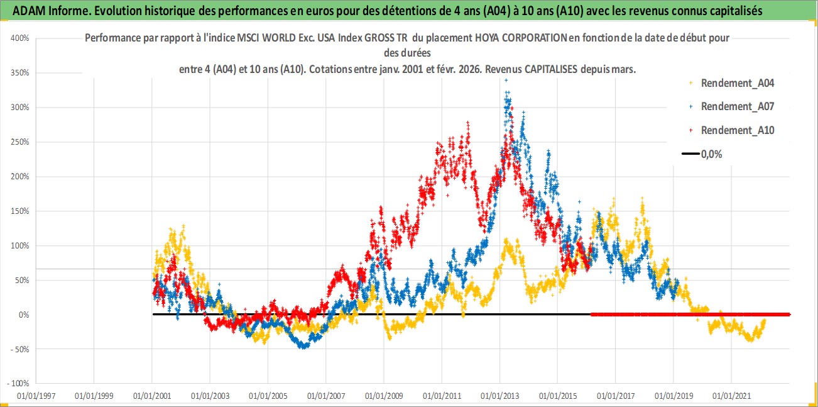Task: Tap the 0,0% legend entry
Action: pos(711,153)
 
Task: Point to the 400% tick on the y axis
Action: pos(21,38)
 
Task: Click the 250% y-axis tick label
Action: pos(21,142)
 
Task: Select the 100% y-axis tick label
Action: pos(21,245)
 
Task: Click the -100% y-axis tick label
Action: pos(19,383)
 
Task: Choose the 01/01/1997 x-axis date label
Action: pos(36,396)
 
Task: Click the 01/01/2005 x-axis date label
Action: pos(268,396)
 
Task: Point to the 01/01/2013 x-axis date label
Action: pos(500,396)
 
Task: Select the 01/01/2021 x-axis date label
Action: pos(732,396)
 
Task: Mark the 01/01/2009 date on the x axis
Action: pos(384,396)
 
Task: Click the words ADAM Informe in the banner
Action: pos(45,10)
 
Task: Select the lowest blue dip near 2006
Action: pos(304,347)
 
